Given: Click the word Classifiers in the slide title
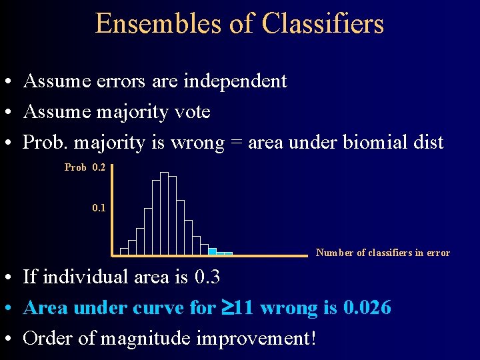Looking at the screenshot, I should click(x=323, y=24).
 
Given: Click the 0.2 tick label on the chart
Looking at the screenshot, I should click(x=99, y=167).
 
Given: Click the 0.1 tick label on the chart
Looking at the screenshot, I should click(x=99, y=208).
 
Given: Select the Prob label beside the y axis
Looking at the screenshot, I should click(x=75, y=167).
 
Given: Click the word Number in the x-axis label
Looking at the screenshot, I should click(x=335, y=253).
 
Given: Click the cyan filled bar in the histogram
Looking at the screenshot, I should click(x=213, y=251).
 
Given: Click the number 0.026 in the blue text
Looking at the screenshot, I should click(x=367, y=308).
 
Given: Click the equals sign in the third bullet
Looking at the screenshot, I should click(x=237, y=143).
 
